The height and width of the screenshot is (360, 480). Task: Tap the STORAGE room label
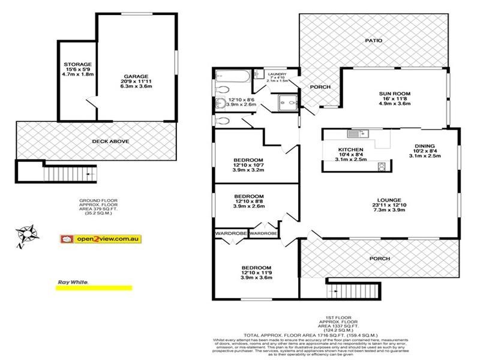78,64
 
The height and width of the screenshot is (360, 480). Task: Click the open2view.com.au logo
101,238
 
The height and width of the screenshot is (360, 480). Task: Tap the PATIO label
373,40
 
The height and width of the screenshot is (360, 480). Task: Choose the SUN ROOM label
394,94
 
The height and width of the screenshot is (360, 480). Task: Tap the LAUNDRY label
277,74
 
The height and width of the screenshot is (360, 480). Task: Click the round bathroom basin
220,102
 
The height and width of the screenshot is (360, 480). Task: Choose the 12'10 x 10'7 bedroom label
248,160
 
